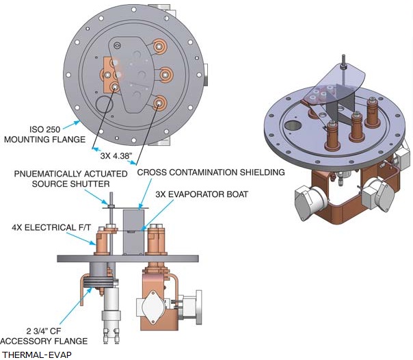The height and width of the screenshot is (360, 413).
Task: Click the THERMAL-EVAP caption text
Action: pyautogui.click(x=37, y=355)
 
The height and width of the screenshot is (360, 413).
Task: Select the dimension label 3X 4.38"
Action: pyautogui.click(x=116, y=156)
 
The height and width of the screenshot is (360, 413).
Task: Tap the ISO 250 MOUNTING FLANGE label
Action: pyautogui.click(x=44, y=134)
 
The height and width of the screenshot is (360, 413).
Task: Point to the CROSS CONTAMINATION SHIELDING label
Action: pyautogui.click(x=211, y=172)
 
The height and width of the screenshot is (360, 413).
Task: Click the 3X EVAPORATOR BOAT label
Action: pyautogui.click(x=202, y=194)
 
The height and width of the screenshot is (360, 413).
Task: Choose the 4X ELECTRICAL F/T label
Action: pyautogui.click(x=51, y=227)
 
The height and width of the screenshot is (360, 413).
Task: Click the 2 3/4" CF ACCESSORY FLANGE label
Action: pyautogui.click(x=44, y=336)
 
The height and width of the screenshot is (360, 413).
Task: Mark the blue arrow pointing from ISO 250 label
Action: pyautogui.click(x=72, y=125)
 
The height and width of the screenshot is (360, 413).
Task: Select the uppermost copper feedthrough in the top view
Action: pyautogui.click(x=159, y=47)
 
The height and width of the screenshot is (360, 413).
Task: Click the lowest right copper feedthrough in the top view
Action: pyautogui.click(x=159, y=103)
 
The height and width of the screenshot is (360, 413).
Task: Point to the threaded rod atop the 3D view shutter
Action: pyautogui.click(x=343, y=61)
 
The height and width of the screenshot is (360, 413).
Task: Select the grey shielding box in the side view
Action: pyautogui.click(x=133, y=232)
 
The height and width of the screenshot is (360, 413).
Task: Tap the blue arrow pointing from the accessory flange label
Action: pyautogui.click(x=76, y=306)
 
